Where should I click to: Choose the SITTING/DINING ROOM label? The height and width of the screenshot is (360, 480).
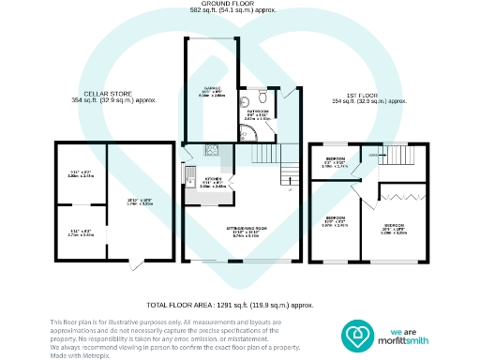pyautogui.click(x=236, y=231)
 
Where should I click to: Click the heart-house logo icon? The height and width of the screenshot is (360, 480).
pyautogui.click(x=357, y=334)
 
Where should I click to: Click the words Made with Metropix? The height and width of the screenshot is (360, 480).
pyautogui.click(x=77, y=354)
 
